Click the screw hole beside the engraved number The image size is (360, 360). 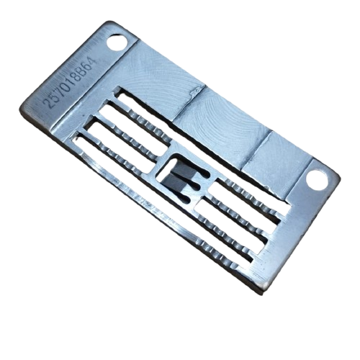(117, 43)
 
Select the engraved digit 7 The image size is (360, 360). (60, 90)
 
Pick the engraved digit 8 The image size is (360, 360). (77, 73)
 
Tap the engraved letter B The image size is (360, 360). (82, 68)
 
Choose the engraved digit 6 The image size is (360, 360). (87, 63)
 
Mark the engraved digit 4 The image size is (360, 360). (92, 58)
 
